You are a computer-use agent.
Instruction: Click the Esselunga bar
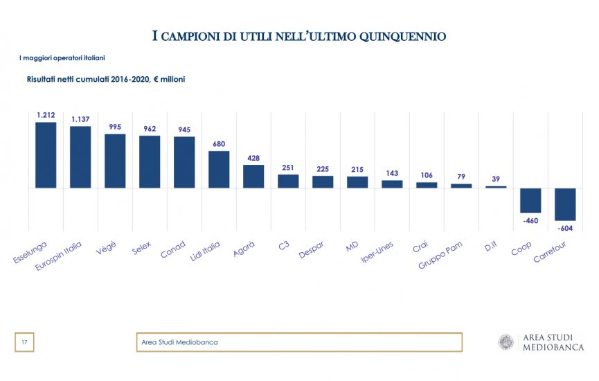click(x=46, y=155)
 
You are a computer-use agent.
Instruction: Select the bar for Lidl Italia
click(x=219, y=170)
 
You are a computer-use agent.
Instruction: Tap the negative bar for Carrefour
click(x=565, y=204)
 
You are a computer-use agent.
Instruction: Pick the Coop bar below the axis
click(x=530, y=200)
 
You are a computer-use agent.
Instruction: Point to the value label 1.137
click(x=80, y=119)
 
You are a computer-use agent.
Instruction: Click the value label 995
click(x=115, y=127)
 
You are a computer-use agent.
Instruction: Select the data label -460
click(x=530, y=220)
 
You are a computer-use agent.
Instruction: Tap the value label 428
click(x=253, y=158)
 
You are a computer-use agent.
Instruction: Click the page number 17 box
click(x=24, y=342)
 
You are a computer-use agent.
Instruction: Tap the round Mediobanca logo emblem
click(x=507, y=342)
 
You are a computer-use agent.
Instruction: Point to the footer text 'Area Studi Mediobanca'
click(x=179, y=342)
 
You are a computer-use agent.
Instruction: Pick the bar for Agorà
click(x=253, y=177)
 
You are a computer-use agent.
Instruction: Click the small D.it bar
click(x=496, y=186)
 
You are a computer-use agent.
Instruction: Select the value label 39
click(x=496, y=179)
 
